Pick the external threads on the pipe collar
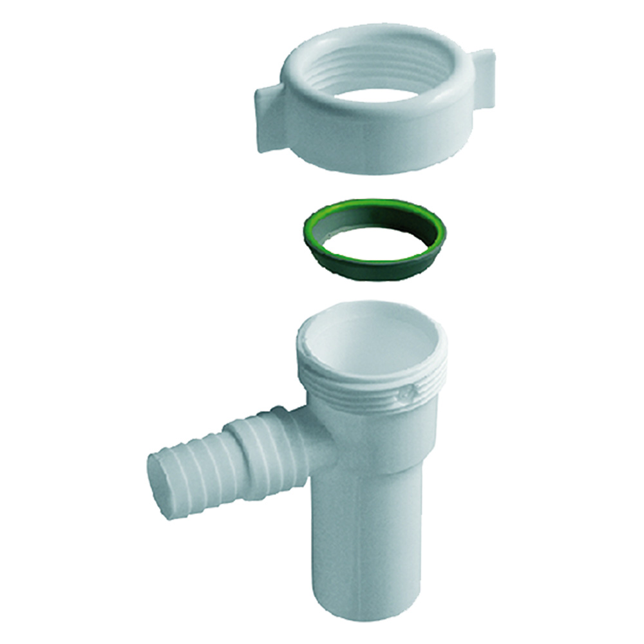coord(367,386)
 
